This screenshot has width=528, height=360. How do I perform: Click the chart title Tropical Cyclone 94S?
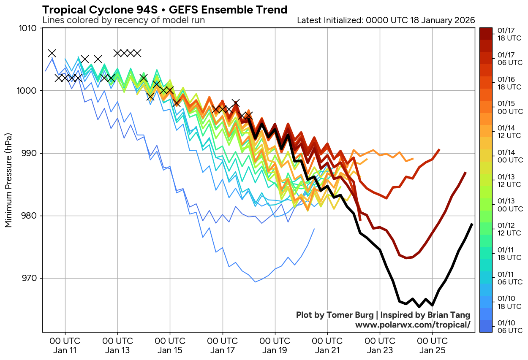(x=165, y=10)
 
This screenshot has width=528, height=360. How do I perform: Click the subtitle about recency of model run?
(x=124, y=20)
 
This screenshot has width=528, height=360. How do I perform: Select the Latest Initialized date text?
(x=386, y=20)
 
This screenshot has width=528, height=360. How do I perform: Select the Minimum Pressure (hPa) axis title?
(x=8, y=181)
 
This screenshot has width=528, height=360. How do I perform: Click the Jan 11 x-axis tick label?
(x=65, y=345)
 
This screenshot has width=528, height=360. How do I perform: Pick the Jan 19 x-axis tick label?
(x=275, y=345)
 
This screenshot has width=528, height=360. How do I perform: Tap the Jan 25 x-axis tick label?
(x=432, y=345)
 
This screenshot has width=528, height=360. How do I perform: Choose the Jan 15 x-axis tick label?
(x=170, y=345)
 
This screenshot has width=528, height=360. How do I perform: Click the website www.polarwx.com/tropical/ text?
(x=412, y=325)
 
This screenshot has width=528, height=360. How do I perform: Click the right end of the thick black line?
(x=472, y=224)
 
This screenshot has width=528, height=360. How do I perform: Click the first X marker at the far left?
(x=52, y=53)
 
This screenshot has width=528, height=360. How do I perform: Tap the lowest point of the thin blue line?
(x=255, y=282)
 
